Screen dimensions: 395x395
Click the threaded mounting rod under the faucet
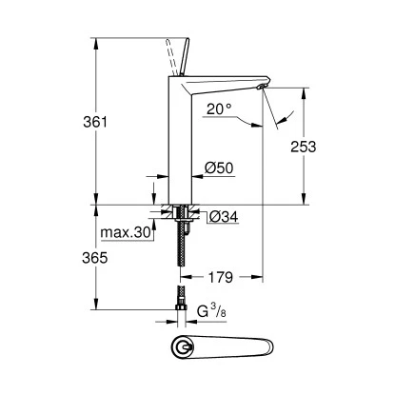(176, 247)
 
